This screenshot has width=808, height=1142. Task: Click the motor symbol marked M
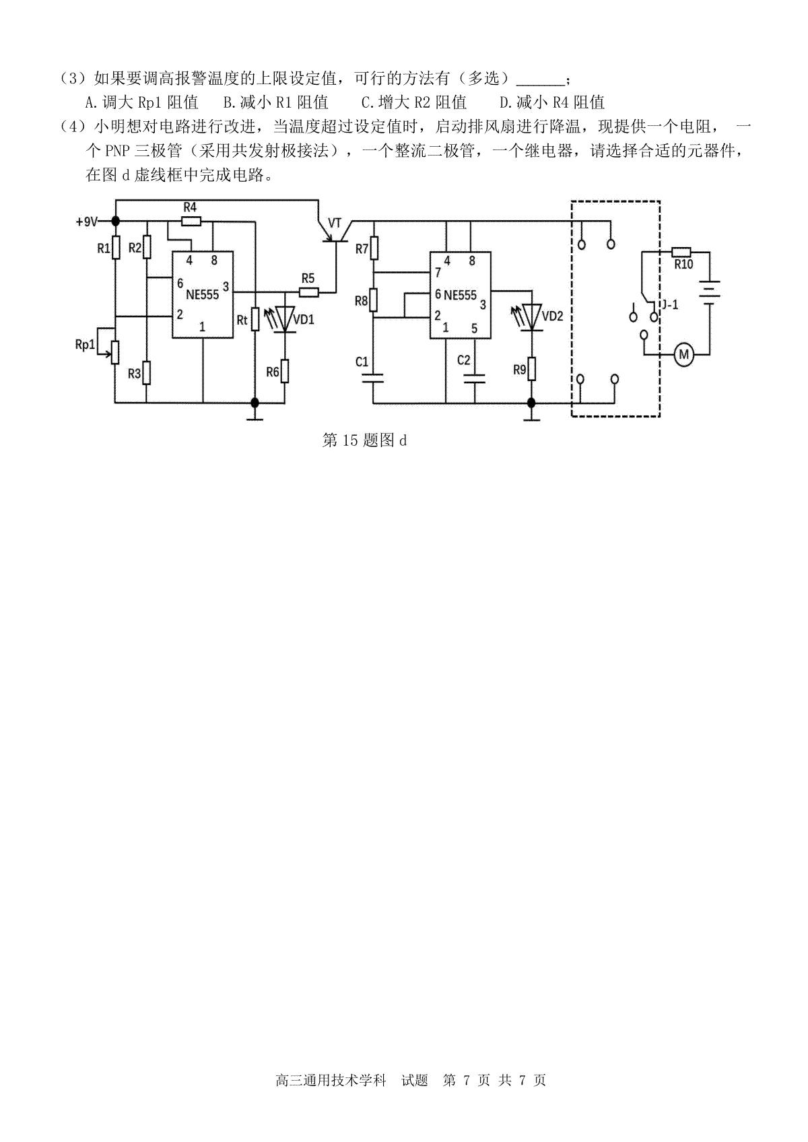pos(684,354)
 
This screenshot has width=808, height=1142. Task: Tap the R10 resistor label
pos(683,265)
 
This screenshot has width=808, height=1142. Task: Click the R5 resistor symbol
pos(308,292)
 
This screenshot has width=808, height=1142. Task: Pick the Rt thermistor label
pos(242,318)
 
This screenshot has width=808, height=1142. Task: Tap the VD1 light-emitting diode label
pos(304,320)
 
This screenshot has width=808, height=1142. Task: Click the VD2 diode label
pos(552,316)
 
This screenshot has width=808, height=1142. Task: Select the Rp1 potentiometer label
pos(85,344)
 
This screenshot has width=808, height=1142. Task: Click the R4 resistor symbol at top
pos(191,221)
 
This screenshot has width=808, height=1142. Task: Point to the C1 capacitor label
pos(362,362)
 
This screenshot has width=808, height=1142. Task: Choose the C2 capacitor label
pos(463,360)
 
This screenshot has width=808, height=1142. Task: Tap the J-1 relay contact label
pos(669,305)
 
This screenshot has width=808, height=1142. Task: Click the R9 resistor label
pos(519,369)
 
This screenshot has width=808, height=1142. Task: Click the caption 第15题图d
pos(365,441)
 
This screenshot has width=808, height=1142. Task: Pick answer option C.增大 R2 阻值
pos(413,102)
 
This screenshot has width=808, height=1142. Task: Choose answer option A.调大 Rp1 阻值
pos(142,102)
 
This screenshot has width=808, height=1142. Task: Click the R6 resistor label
pos(272,371)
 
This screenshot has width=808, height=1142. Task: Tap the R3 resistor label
pos(135,373)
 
